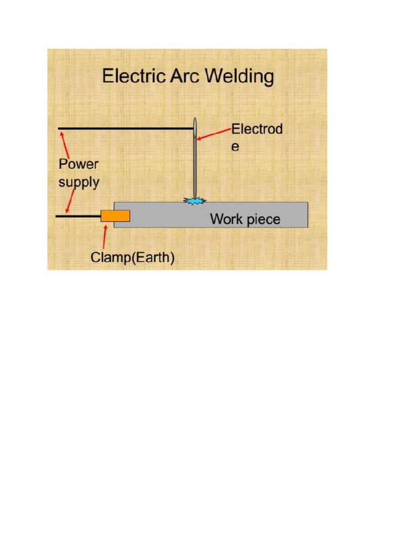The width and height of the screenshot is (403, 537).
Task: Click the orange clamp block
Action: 115,216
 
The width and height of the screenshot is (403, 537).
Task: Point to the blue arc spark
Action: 195,200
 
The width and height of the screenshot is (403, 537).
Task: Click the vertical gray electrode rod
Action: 195,168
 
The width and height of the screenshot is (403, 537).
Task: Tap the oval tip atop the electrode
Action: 195,127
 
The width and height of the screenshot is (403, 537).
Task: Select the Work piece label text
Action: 245,219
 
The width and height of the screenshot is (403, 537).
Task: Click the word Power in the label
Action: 78,164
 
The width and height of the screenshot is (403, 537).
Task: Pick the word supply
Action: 79,182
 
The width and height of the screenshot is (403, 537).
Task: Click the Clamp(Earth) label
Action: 132,257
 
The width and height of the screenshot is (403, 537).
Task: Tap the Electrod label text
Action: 257,129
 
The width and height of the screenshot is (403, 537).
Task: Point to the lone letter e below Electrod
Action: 236,147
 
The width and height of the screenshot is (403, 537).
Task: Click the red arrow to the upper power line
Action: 66,143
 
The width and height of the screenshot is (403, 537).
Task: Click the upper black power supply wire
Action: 126,128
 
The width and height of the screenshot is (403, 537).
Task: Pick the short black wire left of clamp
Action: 78,216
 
